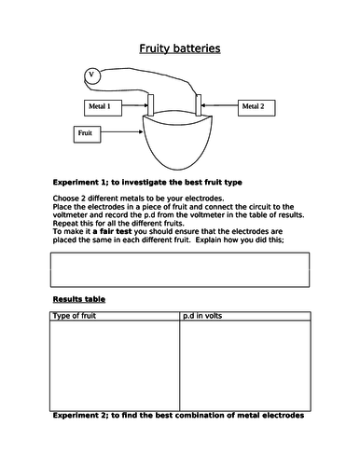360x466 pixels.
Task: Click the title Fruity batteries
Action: point(180,48)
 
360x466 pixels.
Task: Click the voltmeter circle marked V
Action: point(91,75)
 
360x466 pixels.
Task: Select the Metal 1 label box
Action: point(98,107)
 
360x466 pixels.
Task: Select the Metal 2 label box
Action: point(253,107)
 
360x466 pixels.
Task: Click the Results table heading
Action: point(76,299)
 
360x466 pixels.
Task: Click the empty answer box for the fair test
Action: point(177,268)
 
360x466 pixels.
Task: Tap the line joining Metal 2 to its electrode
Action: point(219,107)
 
